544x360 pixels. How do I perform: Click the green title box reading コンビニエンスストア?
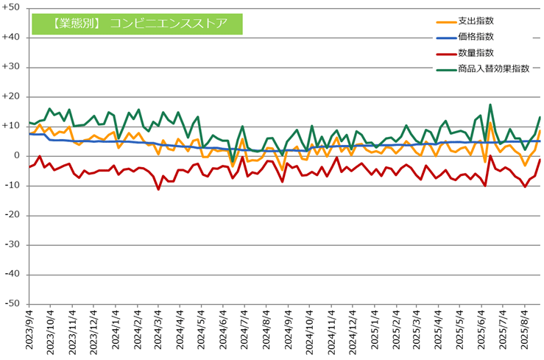pos(137,24)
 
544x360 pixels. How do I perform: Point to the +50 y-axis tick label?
pos(11,7)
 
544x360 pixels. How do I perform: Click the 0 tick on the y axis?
pos(17,156)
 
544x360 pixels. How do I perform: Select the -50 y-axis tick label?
pos(12,303)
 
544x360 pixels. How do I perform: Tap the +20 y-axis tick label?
pos(11,96)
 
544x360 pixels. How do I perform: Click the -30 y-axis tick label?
pos(12,244)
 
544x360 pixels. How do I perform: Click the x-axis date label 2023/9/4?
pos(29,329)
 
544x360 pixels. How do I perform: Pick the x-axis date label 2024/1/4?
pos(116,329)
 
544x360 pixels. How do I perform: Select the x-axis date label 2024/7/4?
pos(244,329)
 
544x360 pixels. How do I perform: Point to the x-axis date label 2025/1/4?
pos(375,329)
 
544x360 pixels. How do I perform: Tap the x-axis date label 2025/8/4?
pos(525,329)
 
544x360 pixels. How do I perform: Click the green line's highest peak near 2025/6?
pos(490,105)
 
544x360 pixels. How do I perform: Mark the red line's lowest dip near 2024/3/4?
pos(158,189)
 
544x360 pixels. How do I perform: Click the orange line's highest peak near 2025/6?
pos(490,122)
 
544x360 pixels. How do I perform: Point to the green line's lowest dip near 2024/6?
pos(233,162)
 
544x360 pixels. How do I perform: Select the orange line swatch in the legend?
pos(446,22)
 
